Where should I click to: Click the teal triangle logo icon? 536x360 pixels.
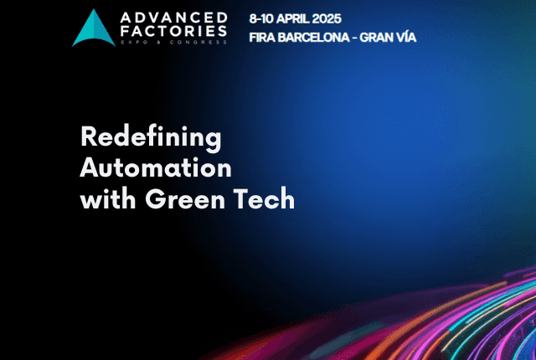(93, 29)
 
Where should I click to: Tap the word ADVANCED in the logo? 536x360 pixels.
(174, 18)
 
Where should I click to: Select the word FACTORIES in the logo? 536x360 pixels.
(173, 31)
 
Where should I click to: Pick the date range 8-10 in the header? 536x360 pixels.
(261, 18)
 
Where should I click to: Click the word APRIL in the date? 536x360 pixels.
(292, 18)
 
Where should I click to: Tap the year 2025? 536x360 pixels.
(327, 18)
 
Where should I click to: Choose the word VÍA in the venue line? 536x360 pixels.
(406, 37)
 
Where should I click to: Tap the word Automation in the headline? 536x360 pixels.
(156, 167)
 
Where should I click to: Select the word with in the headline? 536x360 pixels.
(108, 198)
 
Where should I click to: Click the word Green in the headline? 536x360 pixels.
(185, 199)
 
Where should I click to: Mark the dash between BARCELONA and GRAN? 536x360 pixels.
(354, 38)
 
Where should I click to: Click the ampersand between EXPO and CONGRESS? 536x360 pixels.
(159, 43)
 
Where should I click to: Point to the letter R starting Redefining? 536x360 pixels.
(88, 136)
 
